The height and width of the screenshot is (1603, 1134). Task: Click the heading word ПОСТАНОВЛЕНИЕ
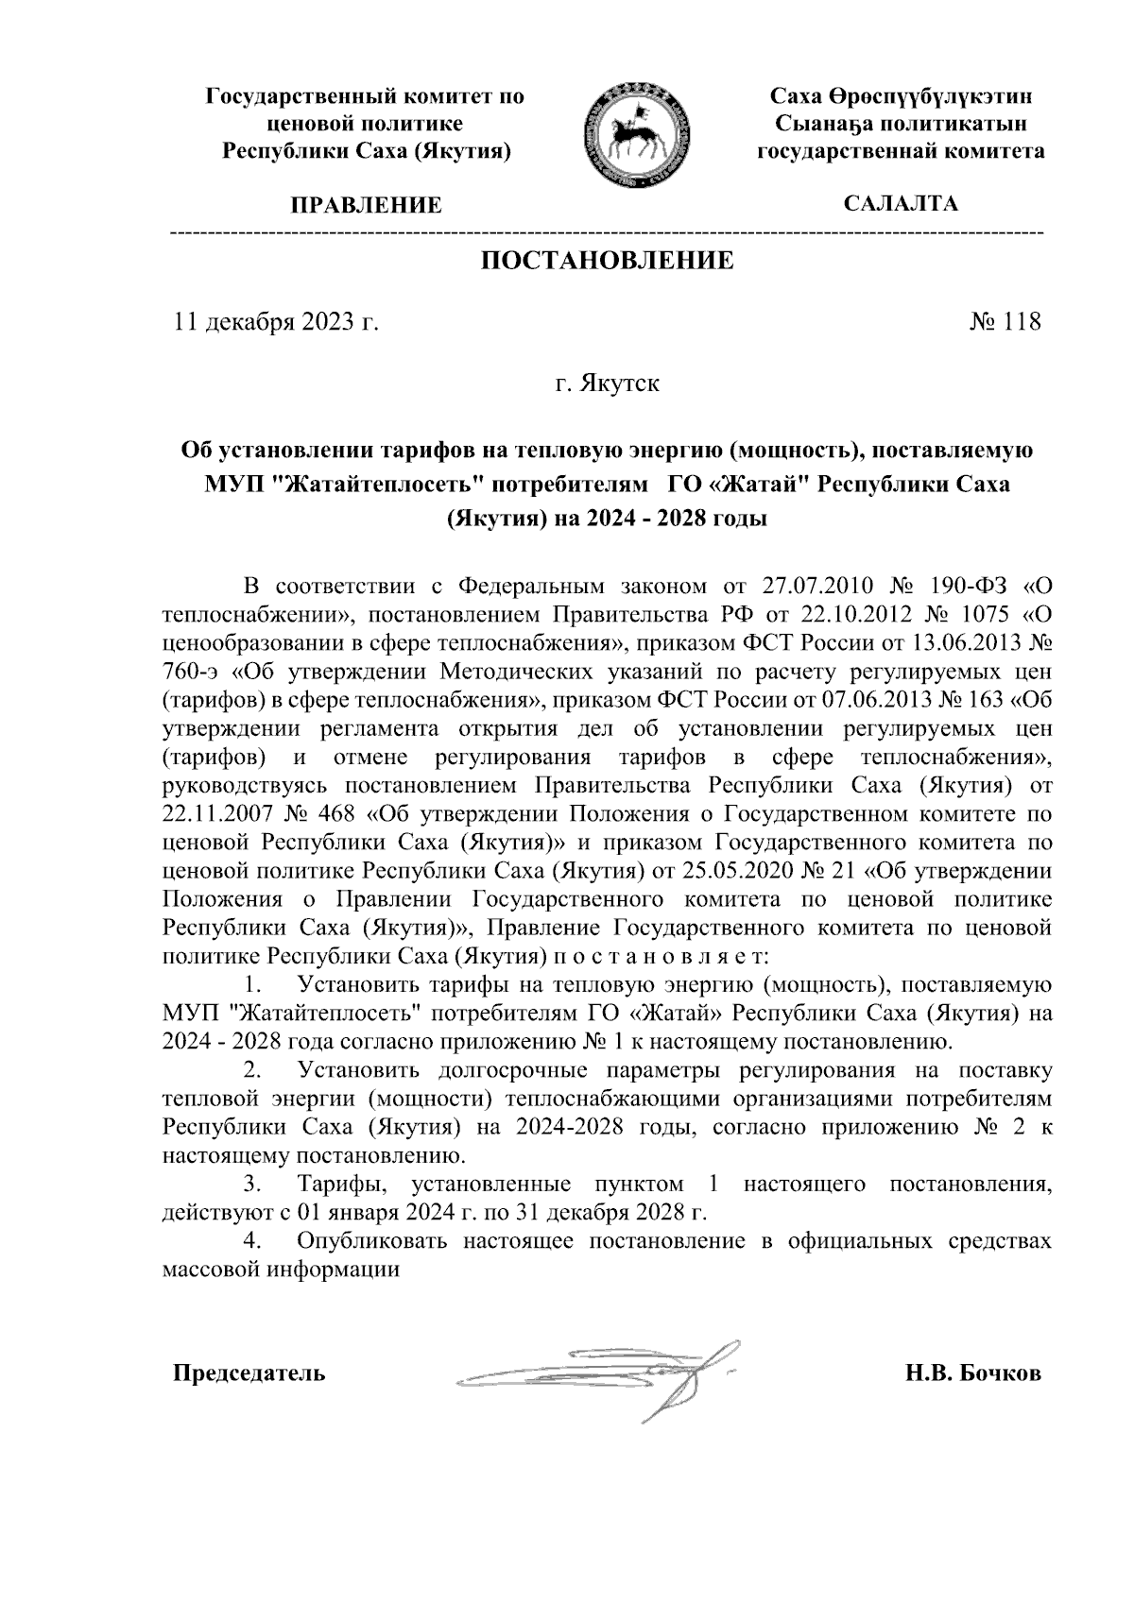point(608,260)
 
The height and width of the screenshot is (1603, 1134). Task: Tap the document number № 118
point(1005,322)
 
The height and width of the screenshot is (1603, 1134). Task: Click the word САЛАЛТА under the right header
point(901,203)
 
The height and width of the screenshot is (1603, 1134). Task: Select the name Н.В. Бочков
point(972,1373)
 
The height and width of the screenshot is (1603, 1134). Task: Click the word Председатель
point(249,1373)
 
